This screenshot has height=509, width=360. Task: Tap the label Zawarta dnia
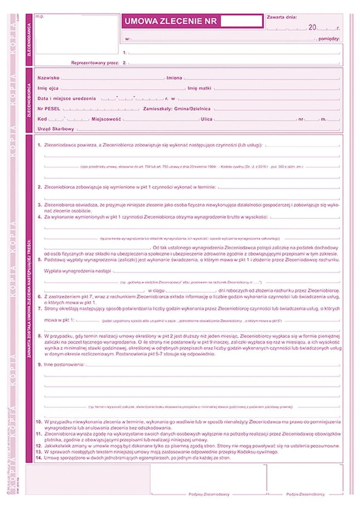coord(282,17)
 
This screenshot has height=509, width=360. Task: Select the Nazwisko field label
coord(48,78)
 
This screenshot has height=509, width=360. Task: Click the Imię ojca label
coord(48,89)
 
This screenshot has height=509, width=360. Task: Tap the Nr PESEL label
coord(50,109)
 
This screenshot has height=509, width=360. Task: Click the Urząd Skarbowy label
coord(56,129)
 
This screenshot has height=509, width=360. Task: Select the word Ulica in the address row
coord(207,119)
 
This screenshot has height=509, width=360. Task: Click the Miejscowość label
coord(107,119)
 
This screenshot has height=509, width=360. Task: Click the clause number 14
coord(39,458)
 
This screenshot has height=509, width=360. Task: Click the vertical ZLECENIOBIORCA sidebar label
coord(29,101)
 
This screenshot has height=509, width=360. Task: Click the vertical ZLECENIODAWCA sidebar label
coord(29,40)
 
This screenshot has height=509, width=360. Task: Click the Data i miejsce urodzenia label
coord(67,99)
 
